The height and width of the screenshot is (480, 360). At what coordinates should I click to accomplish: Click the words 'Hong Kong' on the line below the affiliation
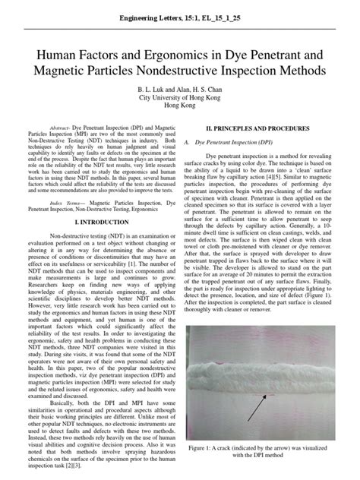click(180, 107)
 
